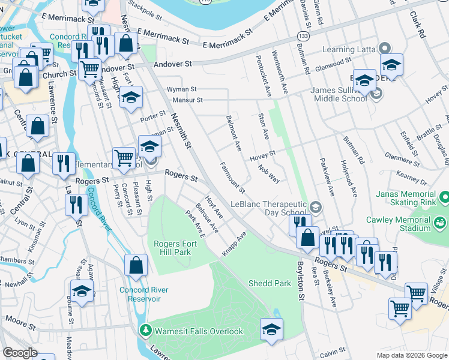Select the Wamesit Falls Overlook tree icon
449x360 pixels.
145,331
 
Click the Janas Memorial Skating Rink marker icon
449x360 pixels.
444,197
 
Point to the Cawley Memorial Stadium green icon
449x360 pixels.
440,224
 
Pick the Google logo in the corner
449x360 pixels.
20,353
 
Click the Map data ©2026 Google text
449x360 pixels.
411,355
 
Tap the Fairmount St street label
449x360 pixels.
232,178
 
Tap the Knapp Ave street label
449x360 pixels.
234,245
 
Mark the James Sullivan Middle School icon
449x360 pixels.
376,94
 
